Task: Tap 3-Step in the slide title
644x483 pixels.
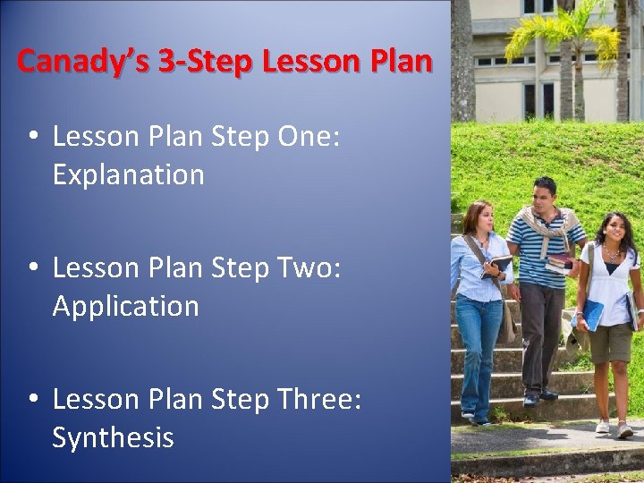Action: click(190, 62)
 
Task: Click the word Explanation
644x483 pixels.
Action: click(128, 175)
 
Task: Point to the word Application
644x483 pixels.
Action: click(125, 307)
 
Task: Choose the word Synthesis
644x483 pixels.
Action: click(113, 438)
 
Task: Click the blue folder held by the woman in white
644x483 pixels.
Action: click(591, 315)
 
